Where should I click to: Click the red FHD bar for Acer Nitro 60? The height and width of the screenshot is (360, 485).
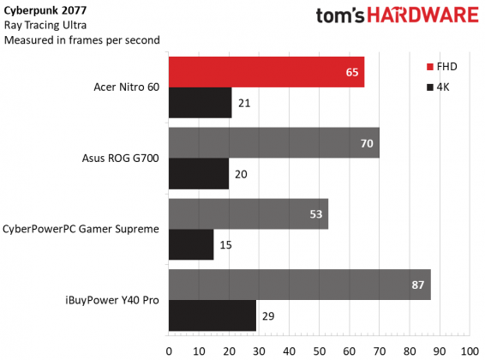click(266, 72)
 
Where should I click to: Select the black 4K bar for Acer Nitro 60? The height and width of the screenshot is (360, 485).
click(201, 103)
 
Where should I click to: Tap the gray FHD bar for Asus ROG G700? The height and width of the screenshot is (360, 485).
click(274, 143)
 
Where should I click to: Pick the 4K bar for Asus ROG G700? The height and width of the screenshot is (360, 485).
click(199, 174)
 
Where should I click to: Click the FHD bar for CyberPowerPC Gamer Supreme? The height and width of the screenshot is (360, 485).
click(248, 213)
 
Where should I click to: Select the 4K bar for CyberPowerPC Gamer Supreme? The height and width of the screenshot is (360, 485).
click(191, 245)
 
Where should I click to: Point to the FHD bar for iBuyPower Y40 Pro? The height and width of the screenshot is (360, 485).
click(299, 285)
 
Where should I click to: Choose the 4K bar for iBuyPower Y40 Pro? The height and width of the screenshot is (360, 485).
click(213, 315)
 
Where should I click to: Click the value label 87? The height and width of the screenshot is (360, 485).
click(417, 285)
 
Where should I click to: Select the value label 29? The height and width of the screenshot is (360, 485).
click(269, 315)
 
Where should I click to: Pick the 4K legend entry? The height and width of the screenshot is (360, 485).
click(438, 87)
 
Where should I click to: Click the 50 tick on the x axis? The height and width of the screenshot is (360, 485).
click(319, 351)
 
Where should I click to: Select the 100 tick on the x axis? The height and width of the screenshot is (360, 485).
click(469, 351)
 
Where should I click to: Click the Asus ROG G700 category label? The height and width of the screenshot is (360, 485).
click(122, 159)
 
